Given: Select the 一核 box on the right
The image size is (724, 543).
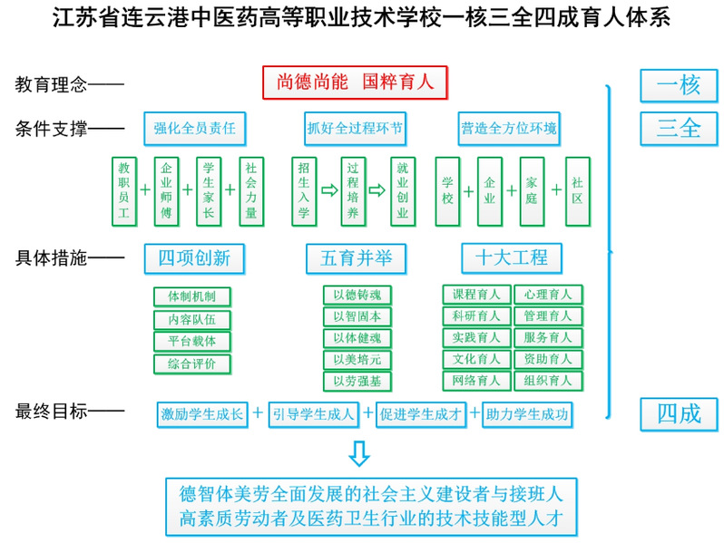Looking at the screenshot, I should [679, 86].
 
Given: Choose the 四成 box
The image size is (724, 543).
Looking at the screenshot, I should [679, 413].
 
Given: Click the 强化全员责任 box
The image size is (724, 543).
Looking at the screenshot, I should [194, 129].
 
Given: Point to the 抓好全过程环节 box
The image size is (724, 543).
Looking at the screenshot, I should [355, 129].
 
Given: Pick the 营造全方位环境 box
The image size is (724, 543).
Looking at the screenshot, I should [509, 129].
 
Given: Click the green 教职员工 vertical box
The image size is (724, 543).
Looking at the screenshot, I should [123, 190].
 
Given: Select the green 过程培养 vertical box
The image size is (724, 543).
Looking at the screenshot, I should [353, 190].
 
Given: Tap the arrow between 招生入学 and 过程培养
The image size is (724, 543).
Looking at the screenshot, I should [328, 191].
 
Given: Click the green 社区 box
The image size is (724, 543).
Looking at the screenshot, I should [577, 190].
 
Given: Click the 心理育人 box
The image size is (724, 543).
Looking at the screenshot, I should [548, 295].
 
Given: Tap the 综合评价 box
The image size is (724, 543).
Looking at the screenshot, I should [191, 364].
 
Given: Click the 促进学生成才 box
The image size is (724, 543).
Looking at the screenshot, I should [420, 414].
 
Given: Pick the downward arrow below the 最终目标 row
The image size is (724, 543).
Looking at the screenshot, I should [360, 452].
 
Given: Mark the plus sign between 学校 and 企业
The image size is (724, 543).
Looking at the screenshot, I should [468, 191].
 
